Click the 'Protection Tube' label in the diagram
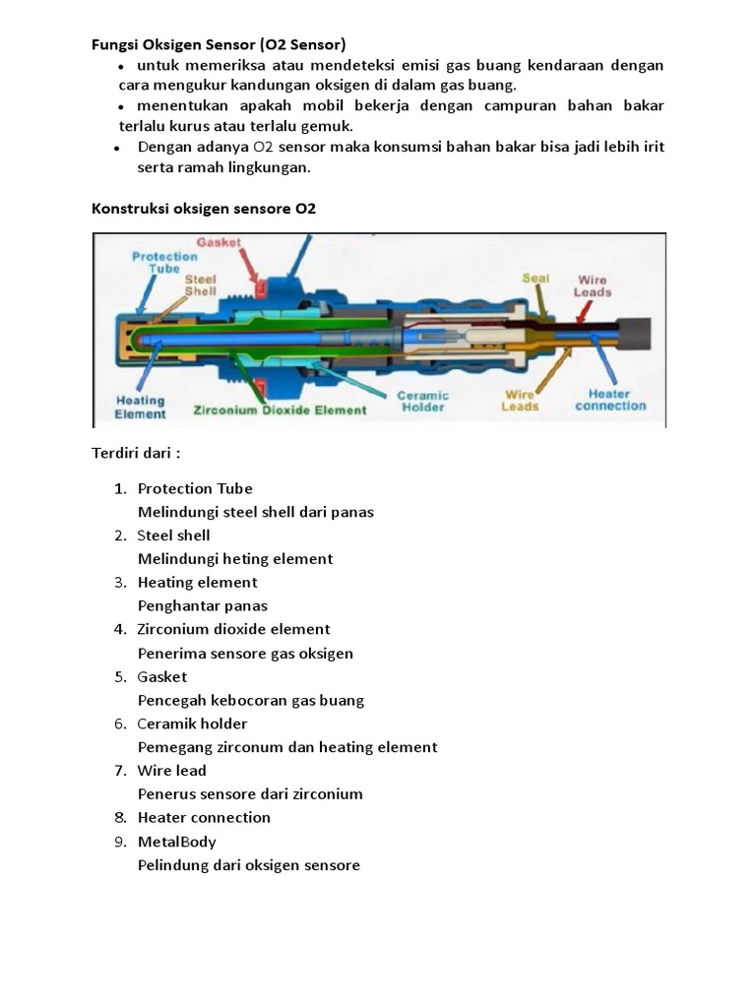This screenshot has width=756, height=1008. coord(164,263)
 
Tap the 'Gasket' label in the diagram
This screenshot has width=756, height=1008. coord(220,241)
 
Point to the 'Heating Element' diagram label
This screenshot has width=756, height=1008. coord(141,408)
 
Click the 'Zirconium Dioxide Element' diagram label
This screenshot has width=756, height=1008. coord(281,410)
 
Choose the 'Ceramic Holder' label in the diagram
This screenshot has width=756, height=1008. coord(422,401)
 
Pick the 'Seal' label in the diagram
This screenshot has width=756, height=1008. coord(535,279)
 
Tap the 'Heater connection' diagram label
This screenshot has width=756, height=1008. coord(610,400)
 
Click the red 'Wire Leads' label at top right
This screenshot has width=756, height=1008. coord(593,285)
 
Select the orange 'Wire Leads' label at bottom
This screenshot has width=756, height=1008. coord(520,401)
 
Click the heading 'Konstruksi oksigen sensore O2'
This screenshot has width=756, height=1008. coord(204,209)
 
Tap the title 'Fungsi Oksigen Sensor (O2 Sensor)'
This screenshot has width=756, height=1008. coord(219,44)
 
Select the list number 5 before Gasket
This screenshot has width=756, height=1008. coord(121,677)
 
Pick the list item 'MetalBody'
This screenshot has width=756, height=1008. coord(177,842)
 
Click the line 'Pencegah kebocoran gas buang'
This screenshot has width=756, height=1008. coord(251,701)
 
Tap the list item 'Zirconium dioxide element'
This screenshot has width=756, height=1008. coord(233,629)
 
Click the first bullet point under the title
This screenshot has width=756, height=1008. coord(121,66)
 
